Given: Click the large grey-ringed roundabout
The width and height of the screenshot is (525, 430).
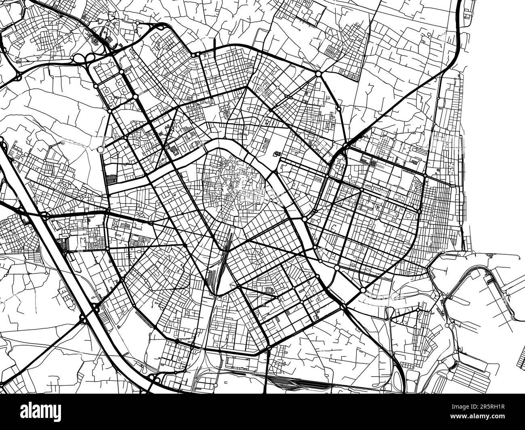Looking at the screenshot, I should point(101,150).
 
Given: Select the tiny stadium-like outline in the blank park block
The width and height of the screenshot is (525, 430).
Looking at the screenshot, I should point(277,153).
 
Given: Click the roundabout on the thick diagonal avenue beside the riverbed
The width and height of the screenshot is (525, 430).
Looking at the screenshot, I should point(363,290).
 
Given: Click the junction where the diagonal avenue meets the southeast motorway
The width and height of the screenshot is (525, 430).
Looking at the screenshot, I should point(343,307).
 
